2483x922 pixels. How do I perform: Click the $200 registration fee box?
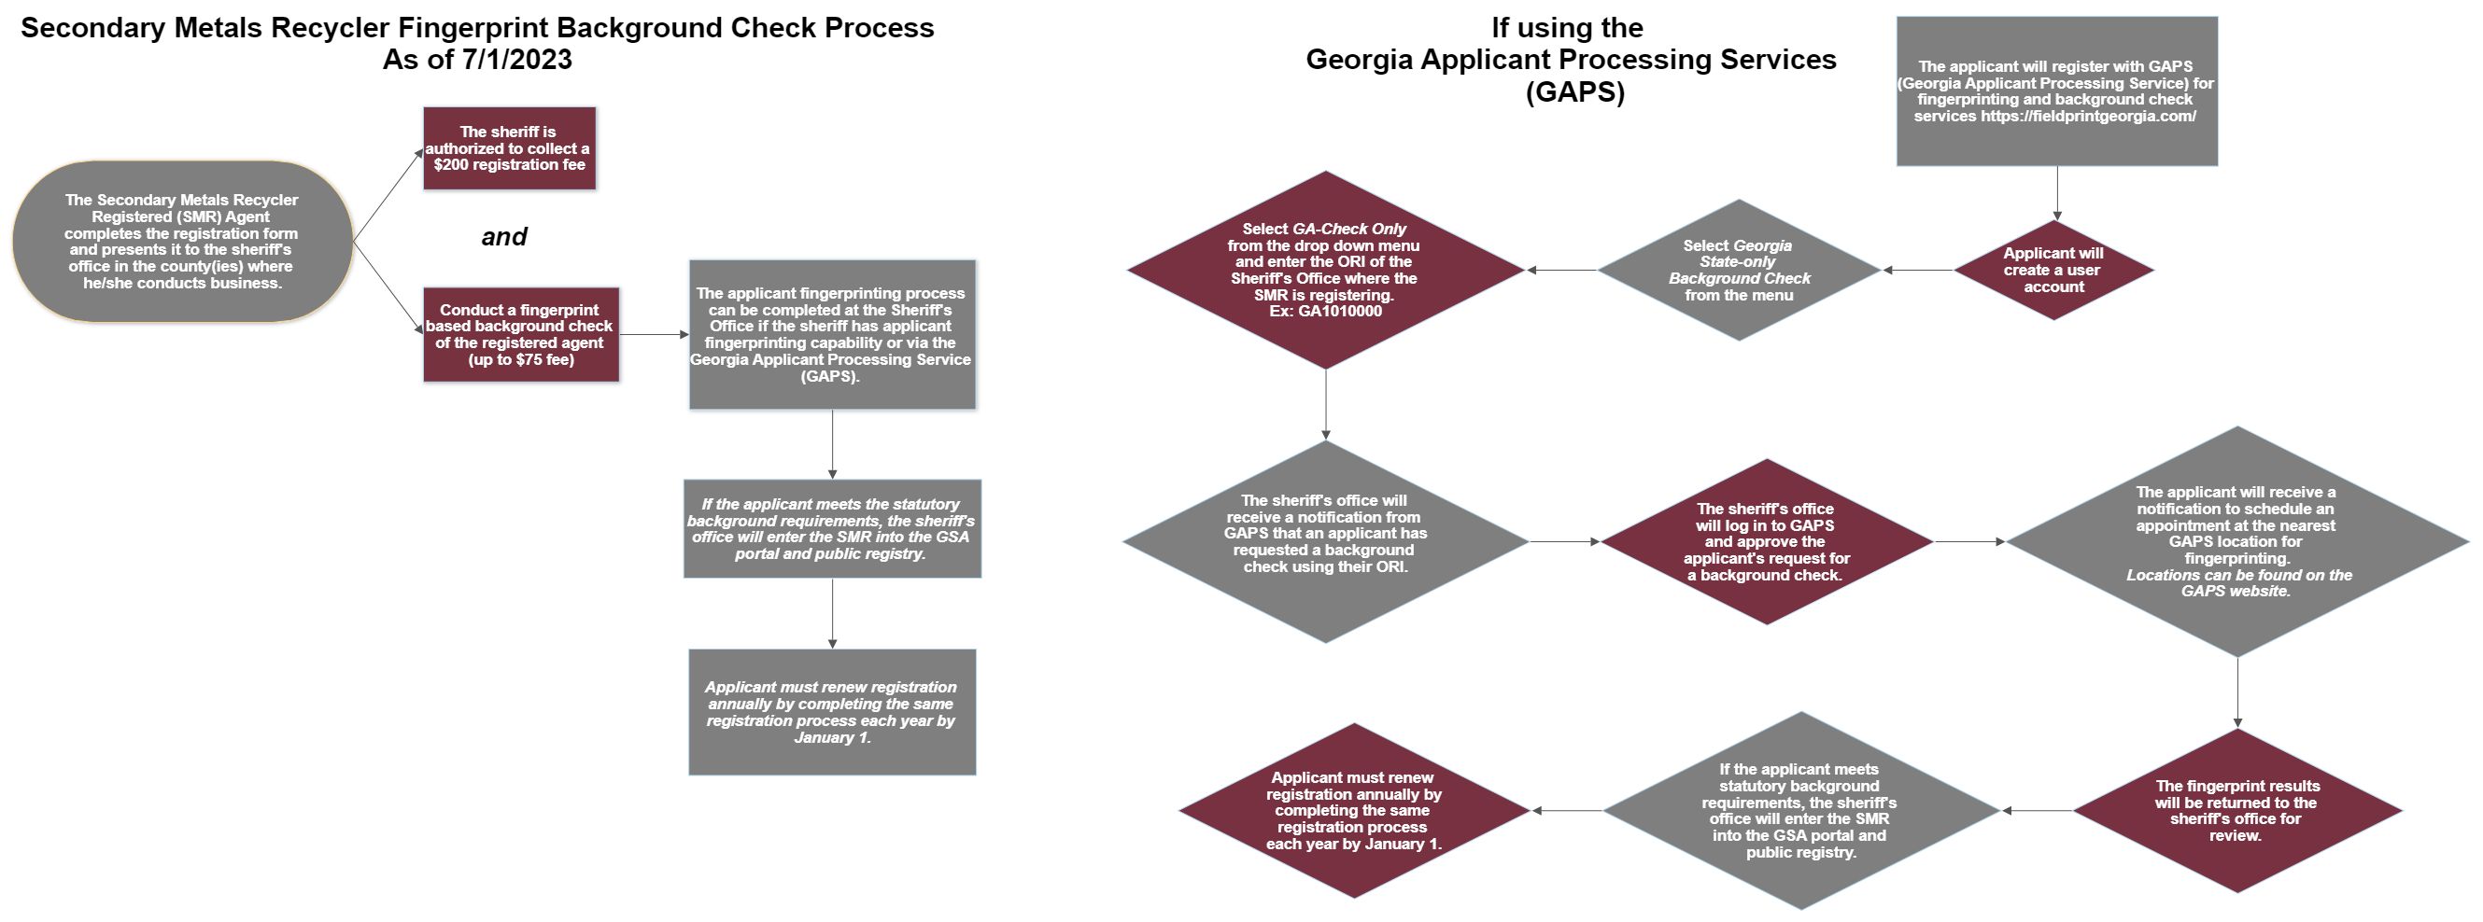click(x=509, y=148)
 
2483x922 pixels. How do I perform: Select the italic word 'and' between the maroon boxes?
click(x=504, y=237)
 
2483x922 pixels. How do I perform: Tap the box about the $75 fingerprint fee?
click(x=520, y=334)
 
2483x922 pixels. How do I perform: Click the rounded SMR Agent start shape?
click(x=182, y=241)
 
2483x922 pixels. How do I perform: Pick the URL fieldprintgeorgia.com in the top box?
click(x=2088, y=117)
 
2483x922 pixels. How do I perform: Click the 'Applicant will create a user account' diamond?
click(x=2053, y=270)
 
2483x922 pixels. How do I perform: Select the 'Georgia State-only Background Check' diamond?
click(x=1739, y=270)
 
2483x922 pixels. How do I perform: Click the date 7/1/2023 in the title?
click(x=516, y=60)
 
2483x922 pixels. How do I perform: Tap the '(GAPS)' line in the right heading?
click(x=1575, y=92)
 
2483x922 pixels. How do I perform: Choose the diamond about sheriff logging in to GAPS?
click(x=1767, y=541)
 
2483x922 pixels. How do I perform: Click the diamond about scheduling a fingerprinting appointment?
click(x=2237, y=541)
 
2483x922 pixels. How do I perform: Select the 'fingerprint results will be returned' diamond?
click(x=2237, y=810)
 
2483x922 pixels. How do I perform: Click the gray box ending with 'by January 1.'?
click(x=832, y=712)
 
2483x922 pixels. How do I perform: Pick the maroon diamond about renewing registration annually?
click(x=1354, y=810)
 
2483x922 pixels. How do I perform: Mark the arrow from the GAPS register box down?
click(x=2057, y=194)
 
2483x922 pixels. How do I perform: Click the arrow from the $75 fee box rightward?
click(x=655, y=334)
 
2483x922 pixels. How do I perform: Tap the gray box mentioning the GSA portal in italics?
click(x=832, y=529)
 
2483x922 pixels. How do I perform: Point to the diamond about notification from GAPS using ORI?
click(x=1326, y=541)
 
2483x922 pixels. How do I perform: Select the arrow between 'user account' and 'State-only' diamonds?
click(x=1918, y=270)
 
